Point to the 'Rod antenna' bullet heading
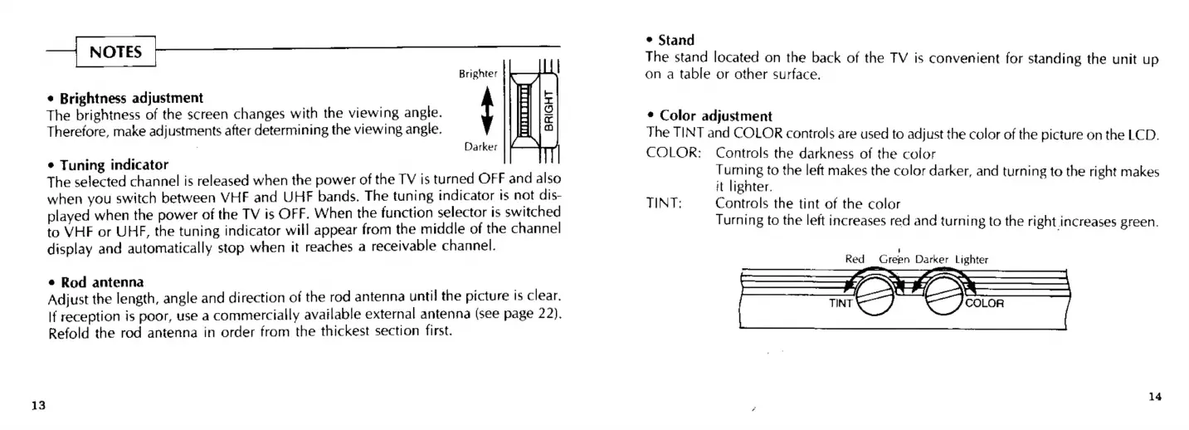[x=99, y=282]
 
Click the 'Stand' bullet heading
[x=675, y=40]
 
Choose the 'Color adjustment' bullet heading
[x=715, y=116]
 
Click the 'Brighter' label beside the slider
[x=478, y=74]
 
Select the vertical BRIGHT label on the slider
[x=548, y=111]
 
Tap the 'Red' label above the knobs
[x=855, y=259]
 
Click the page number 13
[x=37, y=405]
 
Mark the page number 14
[x=1155, y=397]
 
